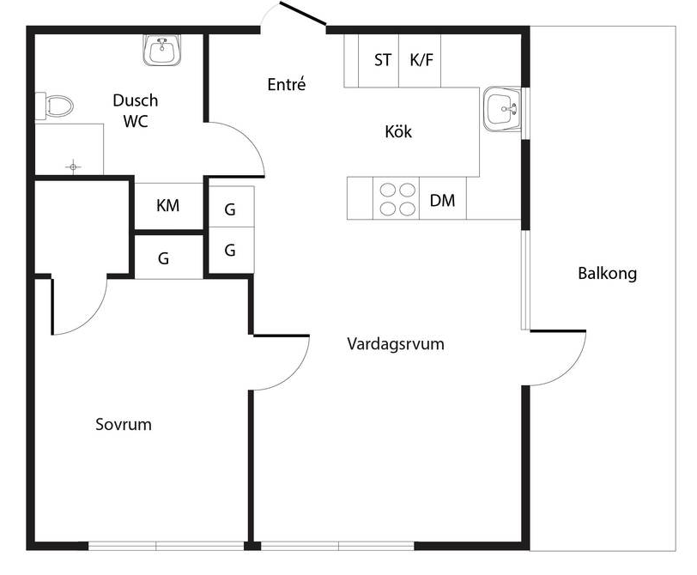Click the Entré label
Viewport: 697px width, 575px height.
(x=287, y=84)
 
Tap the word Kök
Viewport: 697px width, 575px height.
(x=398, y=132)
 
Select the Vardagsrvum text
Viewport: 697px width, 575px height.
(x=395, y=344)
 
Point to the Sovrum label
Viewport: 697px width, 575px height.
(x=124, y=424)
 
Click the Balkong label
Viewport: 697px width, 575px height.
(x=607, y=274)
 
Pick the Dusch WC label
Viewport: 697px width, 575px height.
(x=136, y=111)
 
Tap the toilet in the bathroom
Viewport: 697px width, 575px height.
(x=55, y=106)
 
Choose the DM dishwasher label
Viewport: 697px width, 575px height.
(x=442, y=201)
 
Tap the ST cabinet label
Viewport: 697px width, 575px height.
(x=383, y=60)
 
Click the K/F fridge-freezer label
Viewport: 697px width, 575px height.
(x=421, y=60)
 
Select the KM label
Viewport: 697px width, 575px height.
(x=167, y=206)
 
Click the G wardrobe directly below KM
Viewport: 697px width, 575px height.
(x=163, y=257)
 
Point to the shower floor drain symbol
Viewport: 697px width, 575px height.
(x=74, y=165)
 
